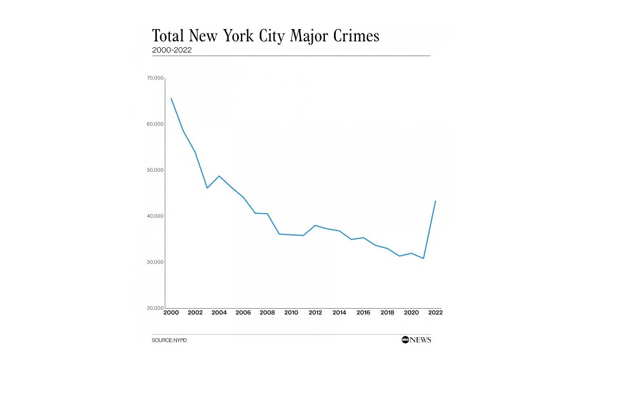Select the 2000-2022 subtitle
coord(171,50)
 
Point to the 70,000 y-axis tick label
coord(155,78)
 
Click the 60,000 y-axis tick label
coord(155,124)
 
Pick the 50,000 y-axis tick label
coord(155,170)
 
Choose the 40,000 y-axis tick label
coord(155,216)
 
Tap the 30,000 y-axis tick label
coord(155,262)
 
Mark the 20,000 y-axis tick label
coord(155,308)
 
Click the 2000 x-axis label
coord(171,313)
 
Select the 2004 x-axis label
coord(218,313)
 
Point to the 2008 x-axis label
coord(267,313)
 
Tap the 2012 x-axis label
coord(315,313)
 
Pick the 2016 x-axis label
coord(363,313)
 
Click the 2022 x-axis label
coord(435,313)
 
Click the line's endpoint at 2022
coord(435,201)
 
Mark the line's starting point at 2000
coord(171,98)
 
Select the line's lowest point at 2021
coord(423,258)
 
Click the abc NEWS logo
coord(415,340)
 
